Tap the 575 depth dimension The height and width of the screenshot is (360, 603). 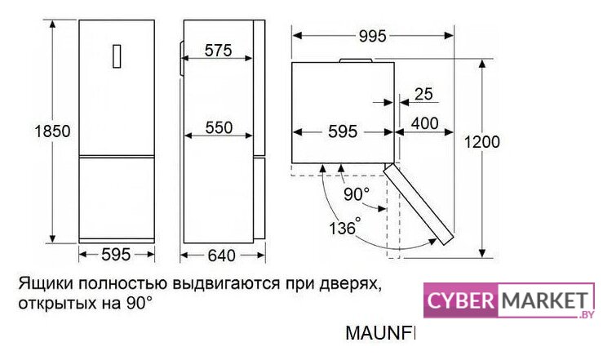pyautogui.click(x=218, y=51)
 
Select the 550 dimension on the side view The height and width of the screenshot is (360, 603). pyautogui.click(x=218, y=127)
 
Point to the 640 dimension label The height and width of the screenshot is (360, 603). pyautogui.click(x=221, y=256)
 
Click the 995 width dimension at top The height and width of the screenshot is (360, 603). pyautogui.click(x=371, y=36)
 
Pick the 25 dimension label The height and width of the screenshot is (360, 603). pyautogui.click(x=423, y=94)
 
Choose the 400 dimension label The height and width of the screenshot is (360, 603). pyautogui.click(x=424, y=123)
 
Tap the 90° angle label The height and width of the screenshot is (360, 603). pyautogui.click(x=356, y=194)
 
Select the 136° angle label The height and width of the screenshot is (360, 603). pyautogui.click(x=344, y=228)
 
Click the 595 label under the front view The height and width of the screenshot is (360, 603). pyautogui.click(x=117, y=256)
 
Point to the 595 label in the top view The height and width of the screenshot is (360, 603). pyautogui.click(x=343, y=133)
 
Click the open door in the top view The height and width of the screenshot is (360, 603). pyautogui.click(x=421, y=204)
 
